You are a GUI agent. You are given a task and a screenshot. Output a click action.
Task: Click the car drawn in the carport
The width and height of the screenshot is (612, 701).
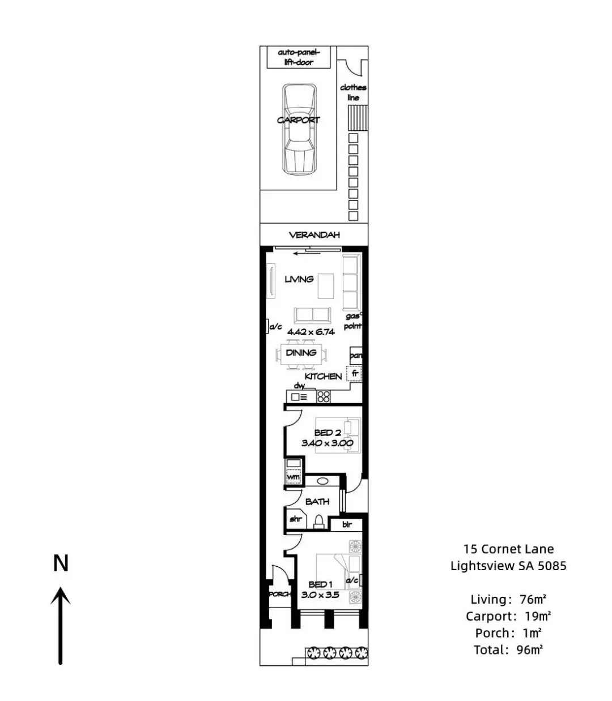pos(299,129)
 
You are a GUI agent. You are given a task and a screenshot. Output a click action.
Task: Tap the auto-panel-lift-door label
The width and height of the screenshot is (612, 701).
pos(299,57)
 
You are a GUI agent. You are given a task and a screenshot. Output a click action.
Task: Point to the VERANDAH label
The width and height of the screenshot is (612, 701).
pos(314,235)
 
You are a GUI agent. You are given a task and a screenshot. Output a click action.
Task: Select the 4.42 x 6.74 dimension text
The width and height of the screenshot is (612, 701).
pos(311,332)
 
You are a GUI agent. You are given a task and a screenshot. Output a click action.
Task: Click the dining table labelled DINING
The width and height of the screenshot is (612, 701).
pos(301,354)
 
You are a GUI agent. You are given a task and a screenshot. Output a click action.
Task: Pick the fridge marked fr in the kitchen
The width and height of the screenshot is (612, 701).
pos(354,373)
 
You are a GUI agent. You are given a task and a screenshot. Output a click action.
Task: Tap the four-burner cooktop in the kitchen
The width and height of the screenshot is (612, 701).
pos(324,397)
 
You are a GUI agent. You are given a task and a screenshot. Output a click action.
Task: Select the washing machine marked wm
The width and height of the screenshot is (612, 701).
pos(293,476)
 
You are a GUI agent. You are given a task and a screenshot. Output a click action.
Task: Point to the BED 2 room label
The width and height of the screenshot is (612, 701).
pos(328,433)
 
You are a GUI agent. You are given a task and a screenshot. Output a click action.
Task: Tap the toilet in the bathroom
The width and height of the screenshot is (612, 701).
pos(318,522)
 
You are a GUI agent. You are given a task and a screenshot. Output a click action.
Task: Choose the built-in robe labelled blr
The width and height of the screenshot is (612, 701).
pos(347,524)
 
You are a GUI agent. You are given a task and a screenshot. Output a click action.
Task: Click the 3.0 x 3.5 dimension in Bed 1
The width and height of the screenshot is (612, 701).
pos(320,595)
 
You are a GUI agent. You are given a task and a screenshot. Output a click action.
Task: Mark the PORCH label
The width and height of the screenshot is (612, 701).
pos(280,594)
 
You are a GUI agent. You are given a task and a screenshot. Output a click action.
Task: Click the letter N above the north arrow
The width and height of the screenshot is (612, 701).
pos(61,563)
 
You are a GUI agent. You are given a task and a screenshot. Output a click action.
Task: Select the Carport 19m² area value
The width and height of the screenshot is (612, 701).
pos(508,616)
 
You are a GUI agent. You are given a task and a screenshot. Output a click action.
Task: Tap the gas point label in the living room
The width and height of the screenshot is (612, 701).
pos(353,321)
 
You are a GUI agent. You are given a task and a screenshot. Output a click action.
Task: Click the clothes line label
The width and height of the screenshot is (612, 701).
pos(353,92)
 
